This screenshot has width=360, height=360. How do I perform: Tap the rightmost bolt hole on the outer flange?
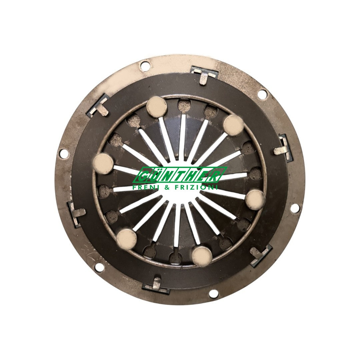295,209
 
